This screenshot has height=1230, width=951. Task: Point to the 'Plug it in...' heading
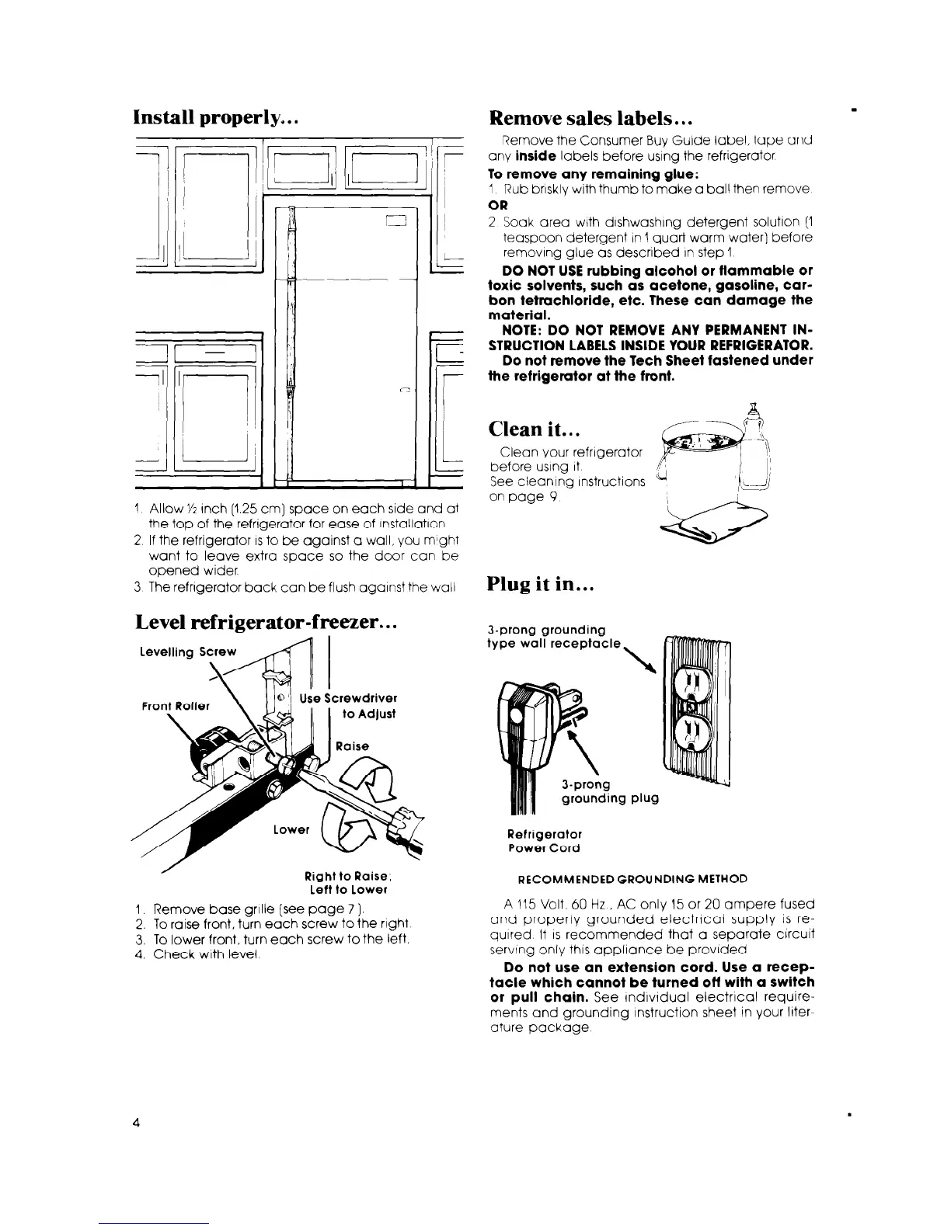pyautogui.click(x=541, y=584)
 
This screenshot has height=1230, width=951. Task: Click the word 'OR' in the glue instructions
pyautogui.click(x=497, y=206)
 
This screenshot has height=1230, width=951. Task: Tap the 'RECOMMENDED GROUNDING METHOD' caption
pyautogui.click(x=632, y=878)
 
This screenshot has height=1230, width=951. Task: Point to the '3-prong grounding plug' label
pyautogui.click(x=610, y=791)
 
